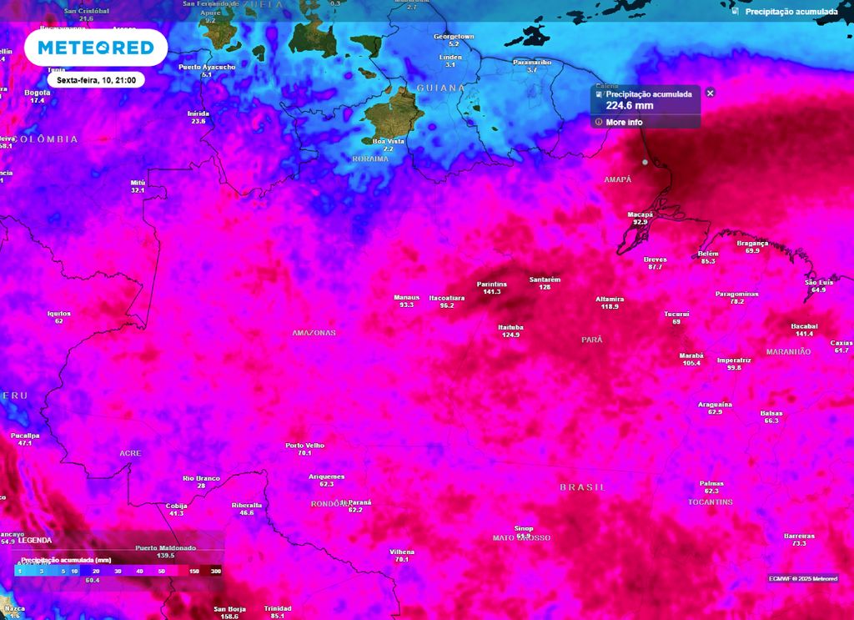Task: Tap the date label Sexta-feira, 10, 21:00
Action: [x=97, y=80]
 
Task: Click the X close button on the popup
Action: [x=711, y=93]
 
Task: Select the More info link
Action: [x=624, y=123]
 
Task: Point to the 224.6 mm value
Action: [x=630, y=106]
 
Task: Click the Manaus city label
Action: [x=406, y=297]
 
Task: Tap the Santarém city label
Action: [x=545, y=279]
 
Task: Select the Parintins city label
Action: [x=491, y=285]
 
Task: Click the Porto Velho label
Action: [x=304, y=446]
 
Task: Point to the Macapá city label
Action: [x=640, y=214]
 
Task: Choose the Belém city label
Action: [x=708, y=253]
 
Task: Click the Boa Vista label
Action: [x=389, y=141]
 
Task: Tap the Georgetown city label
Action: [x=454, y=37]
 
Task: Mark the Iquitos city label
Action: [x=59, y=314]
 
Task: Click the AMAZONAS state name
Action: [x=314, y=333]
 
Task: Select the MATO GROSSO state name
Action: [x=521, y=538]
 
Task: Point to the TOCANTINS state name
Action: [x=711, y=502]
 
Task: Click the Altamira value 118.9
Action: [x=610, y=307]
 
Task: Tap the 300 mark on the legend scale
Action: [x=216, y=572]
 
